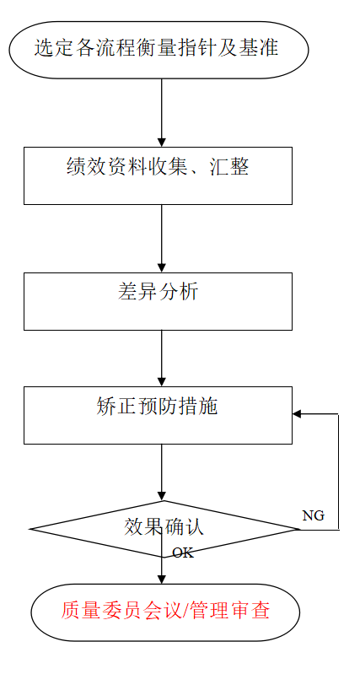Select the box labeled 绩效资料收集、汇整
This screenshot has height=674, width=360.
159,175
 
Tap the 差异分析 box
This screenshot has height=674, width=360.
159,301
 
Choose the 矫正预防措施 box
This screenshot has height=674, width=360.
159,415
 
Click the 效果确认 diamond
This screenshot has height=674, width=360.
164,529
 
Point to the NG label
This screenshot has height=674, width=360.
313,515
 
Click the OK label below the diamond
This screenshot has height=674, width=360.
183,553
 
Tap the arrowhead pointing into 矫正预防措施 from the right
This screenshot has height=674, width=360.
297,414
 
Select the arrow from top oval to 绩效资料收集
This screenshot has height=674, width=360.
162,113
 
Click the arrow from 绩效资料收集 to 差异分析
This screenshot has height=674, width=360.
162,239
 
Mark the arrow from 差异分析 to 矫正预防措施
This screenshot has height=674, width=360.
162,359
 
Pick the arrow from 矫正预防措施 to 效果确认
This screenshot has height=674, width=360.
162,472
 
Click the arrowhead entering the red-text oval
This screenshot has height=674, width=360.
162,579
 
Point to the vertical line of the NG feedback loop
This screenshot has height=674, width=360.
339,472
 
